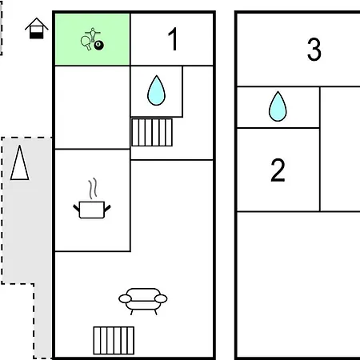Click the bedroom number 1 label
point(174,39)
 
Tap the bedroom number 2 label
point(278,170)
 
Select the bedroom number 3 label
point(314,49)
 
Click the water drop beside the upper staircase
point(156,90)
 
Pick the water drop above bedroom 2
point(278,106)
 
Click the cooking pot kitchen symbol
point(92,210)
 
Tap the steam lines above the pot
point(93,189)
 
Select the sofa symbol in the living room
point(143,302)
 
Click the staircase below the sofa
point(114,341)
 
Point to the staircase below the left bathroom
point(152,132)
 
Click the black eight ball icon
point(99,45)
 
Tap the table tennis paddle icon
point(86,43)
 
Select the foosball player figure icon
point(93,34)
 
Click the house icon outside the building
point(37,28)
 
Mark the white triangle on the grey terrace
point(20,162)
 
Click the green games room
point(92,39)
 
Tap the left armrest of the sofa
point(125,299)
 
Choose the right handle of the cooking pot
point(107,208)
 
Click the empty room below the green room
point(92,107)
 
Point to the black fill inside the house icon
point(37,35)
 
